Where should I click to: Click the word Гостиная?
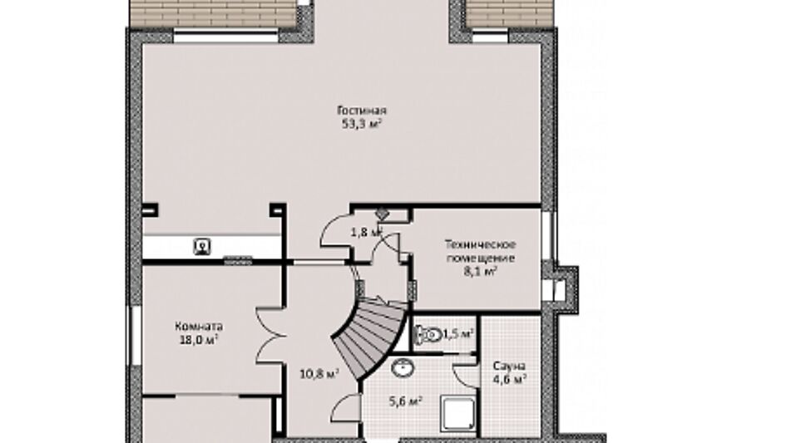(x=362, y=111)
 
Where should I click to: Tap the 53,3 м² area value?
(x=362, y=125)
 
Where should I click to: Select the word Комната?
(x=199, y=327)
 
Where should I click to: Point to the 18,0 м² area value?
(x=199, y=340)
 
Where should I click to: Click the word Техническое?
(x=480, y=245)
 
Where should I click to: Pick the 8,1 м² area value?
(x=480, y=272)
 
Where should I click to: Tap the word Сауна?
(x=509, y=366)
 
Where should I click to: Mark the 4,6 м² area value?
(x=510, y=379)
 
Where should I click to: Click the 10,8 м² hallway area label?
(x=319, y=375)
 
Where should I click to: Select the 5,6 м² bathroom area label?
(x=405, y=401)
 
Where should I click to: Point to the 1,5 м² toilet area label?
(x=458, y=334)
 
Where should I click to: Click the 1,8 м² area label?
(x=366, y=233)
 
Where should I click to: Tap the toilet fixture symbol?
(x=427, y=334)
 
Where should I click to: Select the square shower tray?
(x=457, y=414)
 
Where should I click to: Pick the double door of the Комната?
(x=271, y=335)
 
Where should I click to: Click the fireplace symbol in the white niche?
(x=202, y=247)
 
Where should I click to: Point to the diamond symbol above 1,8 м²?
(x=382, y=214)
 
